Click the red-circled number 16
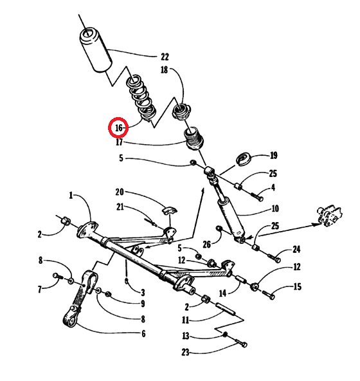pos(118,127)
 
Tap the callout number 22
pos(165,57)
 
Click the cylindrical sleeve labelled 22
pos(96,50)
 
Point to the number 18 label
pos(165,70)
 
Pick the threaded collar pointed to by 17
pos(194,138)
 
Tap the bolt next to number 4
pos(257,196)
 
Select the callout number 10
pos(275,209)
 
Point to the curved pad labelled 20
pos(170,210)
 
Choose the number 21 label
pos(120,207)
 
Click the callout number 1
pos(71,195)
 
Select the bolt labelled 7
pos(58,276)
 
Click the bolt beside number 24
pos(274,258)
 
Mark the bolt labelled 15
pos(269,295)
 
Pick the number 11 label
pos(185,320)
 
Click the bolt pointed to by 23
pos(241,342)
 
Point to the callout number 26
pos(206,245)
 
